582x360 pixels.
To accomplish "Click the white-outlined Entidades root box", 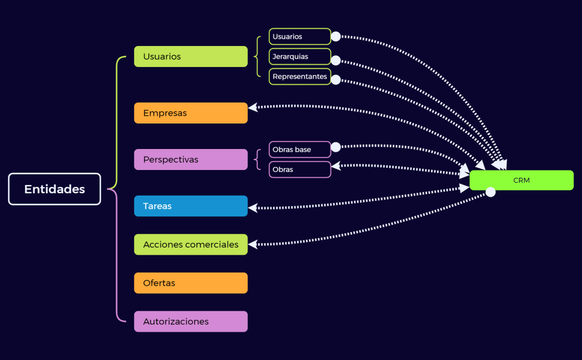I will tap(54, 189).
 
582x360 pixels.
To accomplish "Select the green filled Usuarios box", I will tap(191, 56).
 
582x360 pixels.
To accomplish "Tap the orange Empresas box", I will tap(191, 113).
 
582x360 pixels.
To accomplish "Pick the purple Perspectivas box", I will tap(191, 160).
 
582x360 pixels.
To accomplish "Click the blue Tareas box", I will tap(191, 206).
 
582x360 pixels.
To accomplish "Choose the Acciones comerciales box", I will tap(191, 244).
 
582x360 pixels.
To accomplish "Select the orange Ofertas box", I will tap(191, 283).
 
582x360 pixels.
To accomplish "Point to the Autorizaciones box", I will tap(191, 321).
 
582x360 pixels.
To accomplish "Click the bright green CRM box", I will tap(521, 180).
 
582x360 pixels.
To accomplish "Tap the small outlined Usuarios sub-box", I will tap(299, 37).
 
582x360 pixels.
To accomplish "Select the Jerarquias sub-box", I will tap(299, 56).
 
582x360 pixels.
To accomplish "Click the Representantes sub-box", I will tap(299, 76).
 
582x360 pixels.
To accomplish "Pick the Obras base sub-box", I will tap(299, 150).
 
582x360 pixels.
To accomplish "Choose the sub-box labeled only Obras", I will tap(299, 169).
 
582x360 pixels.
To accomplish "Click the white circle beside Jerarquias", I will tap(336, 60).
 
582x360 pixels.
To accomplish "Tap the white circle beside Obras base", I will tap(336, 147).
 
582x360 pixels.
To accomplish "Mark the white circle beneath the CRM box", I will tap(491, 192).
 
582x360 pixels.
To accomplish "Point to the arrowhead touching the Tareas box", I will tap(253, 208).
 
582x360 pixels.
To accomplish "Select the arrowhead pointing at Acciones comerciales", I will tap(253, 244).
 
